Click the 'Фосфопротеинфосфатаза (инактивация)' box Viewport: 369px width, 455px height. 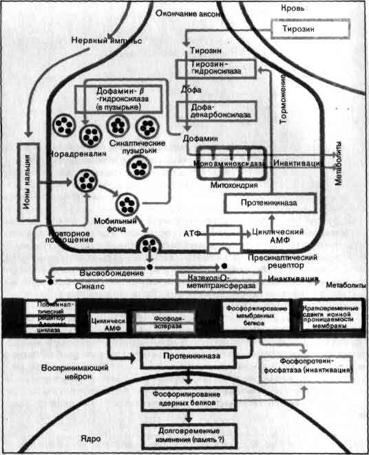point(317,365)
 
